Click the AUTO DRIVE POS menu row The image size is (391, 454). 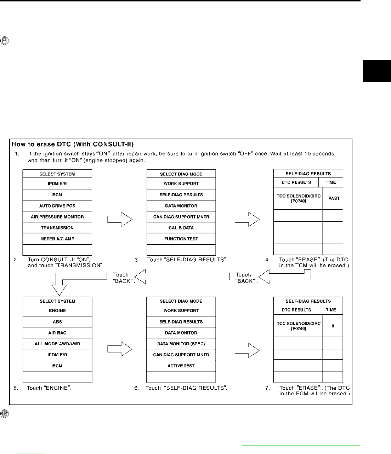(x=57, y=206)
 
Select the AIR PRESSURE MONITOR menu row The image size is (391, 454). (x=57, y=217)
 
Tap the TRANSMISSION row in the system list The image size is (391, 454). (x=57, y=228)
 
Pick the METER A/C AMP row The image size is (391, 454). (x=57, y=239)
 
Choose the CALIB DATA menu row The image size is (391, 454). (x=181, y=228)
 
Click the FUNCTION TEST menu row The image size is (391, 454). (x=181, y=239)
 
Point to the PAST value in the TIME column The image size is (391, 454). (x=334, y=198)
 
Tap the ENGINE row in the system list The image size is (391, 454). (x=57, y=311)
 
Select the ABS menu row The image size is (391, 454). (x=57, y=322)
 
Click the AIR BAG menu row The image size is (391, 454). (x=57, y=333)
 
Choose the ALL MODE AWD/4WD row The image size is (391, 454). (x=57, y=344)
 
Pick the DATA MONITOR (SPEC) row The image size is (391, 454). (x=181, y=344)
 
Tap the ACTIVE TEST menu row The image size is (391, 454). (x=181, y=366)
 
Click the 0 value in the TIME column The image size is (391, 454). (x=333, y=326)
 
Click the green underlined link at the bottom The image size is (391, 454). (x=301, y=446)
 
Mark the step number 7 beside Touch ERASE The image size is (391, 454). (x=267, y=388)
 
